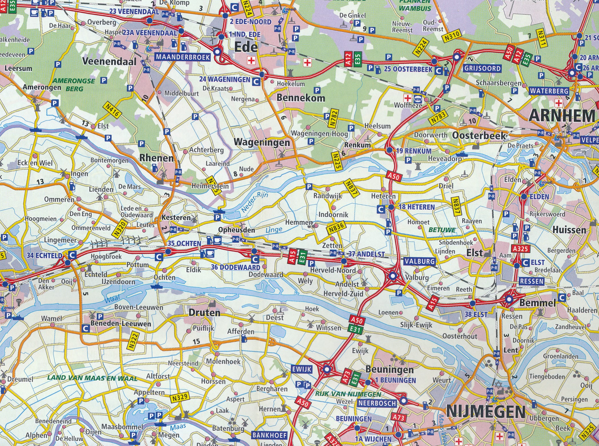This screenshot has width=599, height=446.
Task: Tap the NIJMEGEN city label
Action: click(x=485, y=412)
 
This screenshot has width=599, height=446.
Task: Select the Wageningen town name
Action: click(x=262, y=142)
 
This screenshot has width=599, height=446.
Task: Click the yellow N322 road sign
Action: click(x=134, y=340)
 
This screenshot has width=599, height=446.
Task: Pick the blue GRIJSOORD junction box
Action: click(x=482, y=69)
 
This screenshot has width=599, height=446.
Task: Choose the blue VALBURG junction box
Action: click(x=419, y=261)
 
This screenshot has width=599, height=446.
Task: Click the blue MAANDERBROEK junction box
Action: click(x=183, y=57)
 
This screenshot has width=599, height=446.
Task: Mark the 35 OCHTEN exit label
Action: click(x=184, y=243)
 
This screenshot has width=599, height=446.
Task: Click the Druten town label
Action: click(x=204, y=313)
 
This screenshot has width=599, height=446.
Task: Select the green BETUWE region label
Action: click(x=442, y=230)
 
